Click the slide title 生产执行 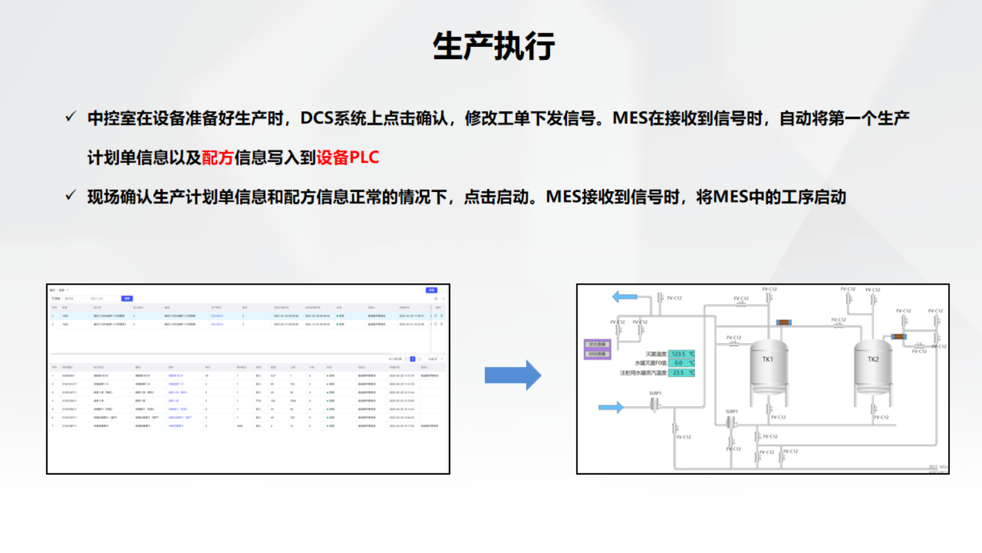pos(494,46)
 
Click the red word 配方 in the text pos(218,158)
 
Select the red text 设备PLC pos(348,158)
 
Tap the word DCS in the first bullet pos(316,118)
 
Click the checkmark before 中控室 pos(70,117)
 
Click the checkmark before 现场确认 pos(70,195)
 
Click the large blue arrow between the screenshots pos(512,375)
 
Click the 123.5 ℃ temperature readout pos(681,354)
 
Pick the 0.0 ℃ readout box pos(681,363)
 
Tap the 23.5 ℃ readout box pos(681,373)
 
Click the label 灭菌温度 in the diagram pos(656,354)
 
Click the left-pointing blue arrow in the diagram pos(625,296)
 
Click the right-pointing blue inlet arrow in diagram pos(610,407)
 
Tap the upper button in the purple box pos(597,344)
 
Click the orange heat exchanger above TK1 pos(783,322)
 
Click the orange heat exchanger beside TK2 pos(898,336)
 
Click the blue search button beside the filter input pos(127,299)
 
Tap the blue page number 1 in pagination pos(412,359)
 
